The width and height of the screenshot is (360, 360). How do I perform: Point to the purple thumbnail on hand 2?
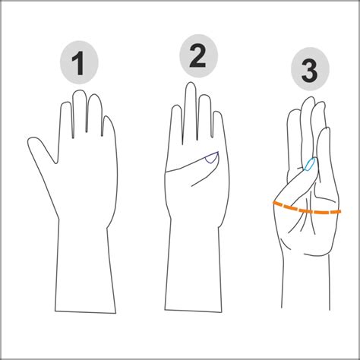tap(211, 159)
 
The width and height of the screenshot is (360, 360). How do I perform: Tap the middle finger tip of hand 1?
tap(79, 95)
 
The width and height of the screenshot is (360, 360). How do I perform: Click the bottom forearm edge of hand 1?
tap(87, 312)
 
